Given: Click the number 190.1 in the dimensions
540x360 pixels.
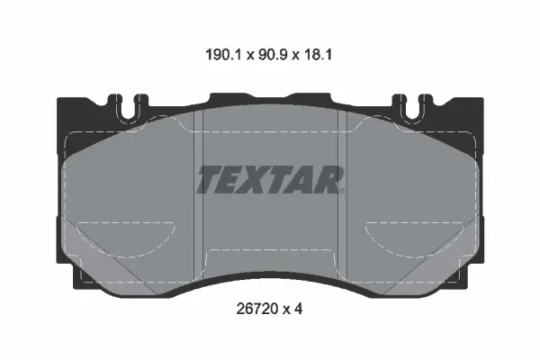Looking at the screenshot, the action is pyautogui.click(x=224, y=55).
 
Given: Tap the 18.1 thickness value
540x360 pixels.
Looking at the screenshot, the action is pyautogui.click(x=317, y=55).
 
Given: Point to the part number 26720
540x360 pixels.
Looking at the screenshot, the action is pyautogui.click(x=257, y=309).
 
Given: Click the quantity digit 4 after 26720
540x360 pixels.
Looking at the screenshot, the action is pyautogui.click(x=298, y=309).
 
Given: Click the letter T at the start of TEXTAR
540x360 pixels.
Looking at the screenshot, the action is pyautogui.click(x=211, y=179).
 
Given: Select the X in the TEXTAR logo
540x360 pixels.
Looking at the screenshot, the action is pyautogui.click(x=256, y=179).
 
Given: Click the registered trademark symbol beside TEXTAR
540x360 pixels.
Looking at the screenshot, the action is pyautogui.click(x=342, y=191).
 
